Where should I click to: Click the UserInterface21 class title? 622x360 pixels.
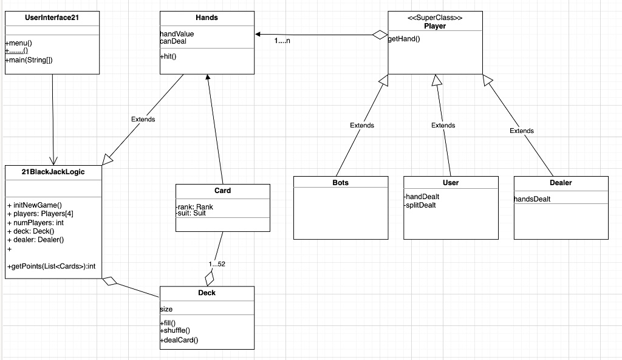[x=52, y=18]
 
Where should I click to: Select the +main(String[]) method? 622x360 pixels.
[x=29, y=60]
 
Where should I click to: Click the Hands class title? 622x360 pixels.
[x=207, y=18]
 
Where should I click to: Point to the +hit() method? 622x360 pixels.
[x=168, y=56]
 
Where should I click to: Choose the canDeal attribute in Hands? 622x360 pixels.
[x=173, y=41]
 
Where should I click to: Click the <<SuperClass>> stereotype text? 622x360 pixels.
[x=435, y=18]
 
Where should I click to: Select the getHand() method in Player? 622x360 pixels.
[x=404, y=39]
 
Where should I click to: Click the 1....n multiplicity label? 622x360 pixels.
[x=282, y=41]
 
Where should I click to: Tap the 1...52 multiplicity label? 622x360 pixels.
[x=217, y=264]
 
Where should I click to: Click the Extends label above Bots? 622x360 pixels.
[x=362, y=125]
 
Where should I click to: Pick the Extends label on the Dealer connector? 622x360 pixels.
[x=522, y=131]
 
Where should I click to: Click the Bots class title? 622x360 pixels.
[x=341, y=182]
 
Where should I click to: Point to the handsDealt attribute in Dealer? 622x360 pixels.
[x=532, y=199]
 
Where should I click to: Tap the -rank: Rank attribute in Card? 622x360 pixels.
[x=194, y=207]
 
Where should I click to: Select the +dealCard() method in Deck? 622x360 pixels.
[x=179, y=340]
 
